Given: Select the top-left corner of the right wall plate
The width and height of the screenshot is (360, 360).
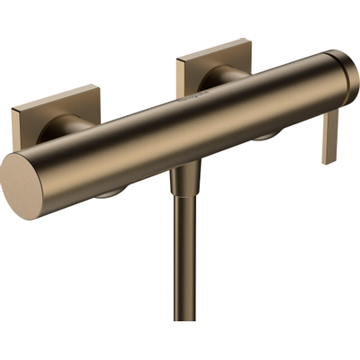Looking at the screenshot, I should tap(178, 60).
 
